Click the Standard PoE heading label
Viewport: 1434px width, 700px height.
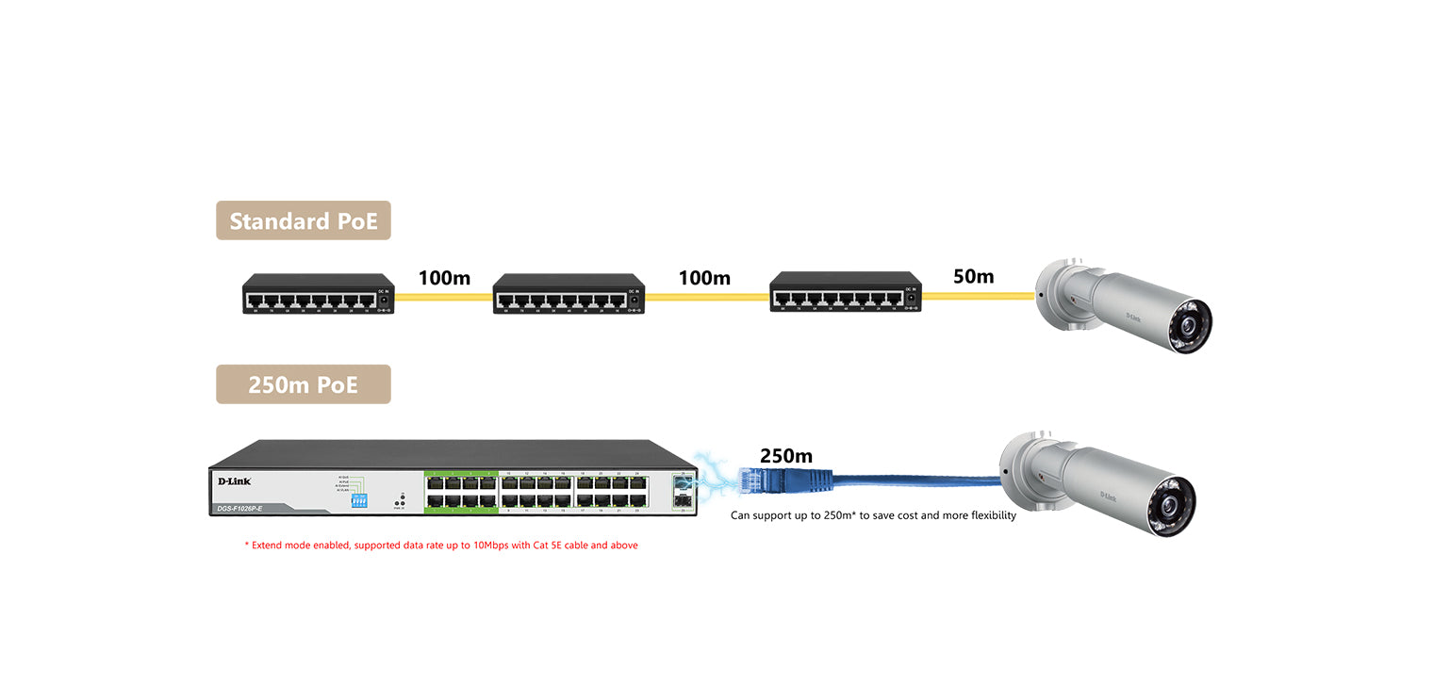coord(303,220)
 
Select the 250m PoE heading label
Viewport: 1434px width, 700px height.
coord(303,384)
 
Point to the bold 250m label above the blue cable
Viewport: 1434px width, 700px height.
coord(785,456)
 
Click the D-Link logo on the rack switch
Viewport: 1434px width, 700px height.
coord(234,481)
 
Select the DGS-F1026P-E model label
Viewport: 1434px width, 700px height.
coord(239,509)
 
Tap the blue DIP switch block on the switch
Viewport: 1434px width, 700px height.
coord(358,501)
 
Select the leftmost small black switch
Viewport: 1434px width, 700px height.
coord(319,293)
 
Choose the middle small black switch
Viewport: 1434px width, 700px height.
coord(569,293)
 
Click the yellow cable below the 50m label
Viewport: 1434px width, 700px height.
coord(979,297)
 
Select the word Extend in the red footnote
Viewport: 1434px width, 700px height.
coord(270,545)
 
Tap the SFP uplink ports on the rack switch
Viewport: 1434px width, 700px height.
coord(683,491)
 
